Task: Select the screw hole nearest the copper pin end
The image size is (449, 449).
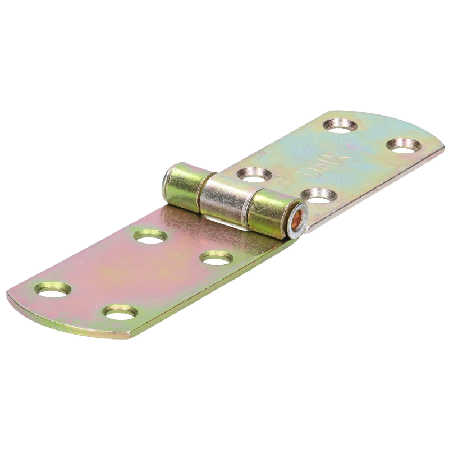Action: pos(318,196)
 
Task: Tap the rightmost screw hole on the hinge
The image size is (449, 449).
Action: pos(403,145)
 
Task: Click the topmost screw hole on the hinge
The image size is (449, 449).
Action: pos(342,125)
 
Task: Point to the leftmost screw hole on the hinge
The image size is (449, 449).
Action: pos(53,290)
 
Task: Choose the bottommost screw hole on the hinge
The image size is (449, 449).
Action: pos(120,311)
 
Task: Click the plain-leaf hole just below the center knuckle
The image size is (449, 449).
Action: pos(217,258)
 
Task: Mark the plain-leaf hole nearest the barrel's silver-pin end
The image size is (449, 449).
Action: pos(150,236)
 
